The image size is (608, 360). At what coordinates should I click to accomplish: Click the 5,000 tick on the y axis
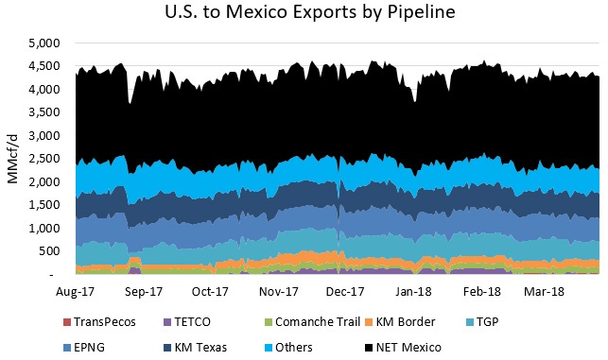pyautogui.click(x=45, y=43)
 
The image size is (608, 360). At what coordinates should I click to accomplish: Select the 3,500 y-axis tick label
pyautogui.click(x=45, y=112)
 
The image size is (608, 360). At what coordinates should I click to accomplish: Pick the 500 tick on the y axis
pyautogui.click(x=52, y=251)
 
